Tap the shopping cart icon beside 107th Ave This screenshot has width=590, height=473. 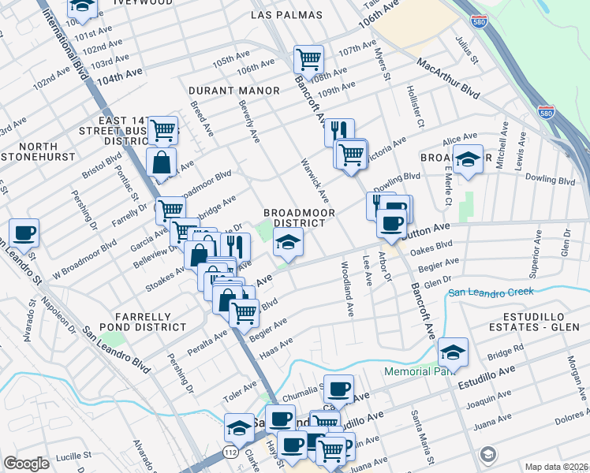[x=308, y=59]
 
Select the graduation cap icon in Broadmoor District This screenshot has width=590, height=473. [x=288, y=243]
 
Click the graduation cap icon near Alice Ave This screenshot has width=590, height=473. [x=468, y=159]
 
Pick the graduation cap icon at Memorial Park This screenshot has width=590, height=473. [x=453, y=351]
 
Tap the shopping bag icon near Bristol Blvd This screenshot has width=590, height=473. [x=161, y=163]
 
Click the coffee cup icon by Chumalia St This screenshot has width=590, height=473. [x=339, y=389]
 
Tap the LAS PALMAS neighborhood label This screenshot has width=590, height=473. [x=287, y=15]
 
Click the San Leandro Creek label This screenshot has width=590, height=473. [x=491, y=292]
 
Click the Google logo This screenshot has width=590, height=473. [x=26, y=464]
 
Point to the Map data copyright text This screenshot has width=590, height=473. [x=556, y=466]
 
